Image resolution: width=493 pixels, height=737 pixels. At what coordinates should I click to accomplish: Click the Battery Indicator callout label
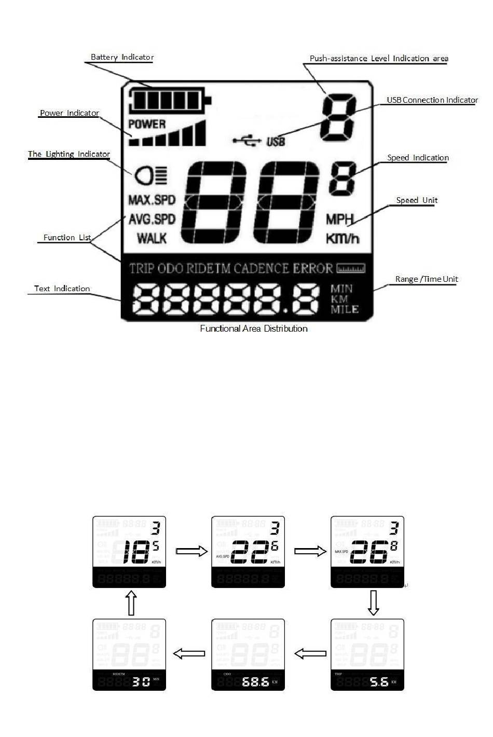tap(122, 57)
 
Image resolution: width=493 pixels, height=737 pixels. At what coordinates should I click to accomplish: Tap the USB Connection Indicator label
tap(432, 100)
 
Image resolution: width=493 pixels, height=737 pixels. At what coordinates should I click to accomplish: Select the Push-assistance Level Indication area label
tap(379, 59)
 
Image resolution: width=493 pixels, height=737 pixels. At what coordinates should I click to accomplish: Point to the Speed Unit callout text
tap(417, 200)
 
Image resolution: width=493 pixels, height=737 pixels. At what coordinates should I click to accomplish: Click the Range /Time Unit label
tap(427, 279)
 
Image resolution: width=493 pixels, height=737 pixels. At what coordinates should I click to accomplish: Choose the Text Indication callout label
tap(62, 289)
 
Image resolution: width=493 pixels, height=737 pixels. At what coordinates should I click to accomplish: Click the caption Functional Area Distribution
tap(254, 329)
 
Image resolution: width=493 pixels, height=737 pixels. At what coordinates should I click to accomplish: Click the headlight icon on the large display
tap(150, 175)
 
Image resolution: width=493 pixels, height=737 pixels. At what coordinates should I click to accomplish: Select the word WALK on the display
tap(152, 238)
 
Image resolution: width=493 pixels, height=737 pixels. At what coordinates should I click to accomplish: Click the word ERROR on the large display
tap(313, 268)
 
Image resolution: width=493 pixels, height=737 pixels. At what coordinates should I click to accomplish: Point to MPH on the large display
tap(340, 220)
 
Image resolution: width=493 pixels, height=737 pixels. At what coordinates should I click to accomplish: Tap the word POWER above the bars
tap(147, 124)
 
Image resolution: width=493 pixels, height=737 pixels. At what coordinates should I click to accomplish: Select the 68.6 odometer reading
tap(255, 681)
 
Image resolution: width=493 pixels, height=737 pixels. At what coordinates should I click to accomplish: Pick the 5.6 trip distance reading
tap(379, 681)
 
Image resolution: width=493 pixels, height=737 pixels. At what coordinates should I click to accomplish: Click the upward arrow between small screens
tap(132, 603)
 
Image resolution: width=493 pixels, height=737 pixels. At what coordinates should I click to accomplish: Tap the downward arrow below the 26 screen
tap(373, 603)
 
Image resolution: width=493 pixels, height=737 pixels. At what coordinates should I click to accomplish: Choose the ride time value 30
tap(141, 681)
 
